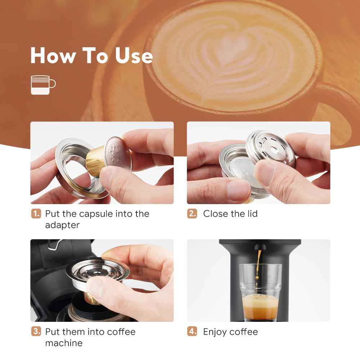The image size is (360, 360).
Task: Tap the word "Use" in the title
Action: point(134,56)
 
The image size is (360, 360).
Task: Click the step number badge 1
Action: point(36,213)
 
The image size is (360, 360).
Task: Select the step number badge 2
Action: point(192,213)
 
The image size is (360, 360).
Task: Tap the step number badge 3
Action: point(36,332)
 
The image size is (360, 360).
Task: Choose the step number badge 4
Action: point(192,332)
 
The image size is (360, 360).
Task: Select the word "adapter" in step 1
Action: point(62,225)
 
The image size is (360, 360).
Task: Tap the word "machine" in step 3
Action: point(64,343)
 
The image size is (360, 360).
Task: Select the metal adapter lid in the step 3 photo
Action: point(97,270)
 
